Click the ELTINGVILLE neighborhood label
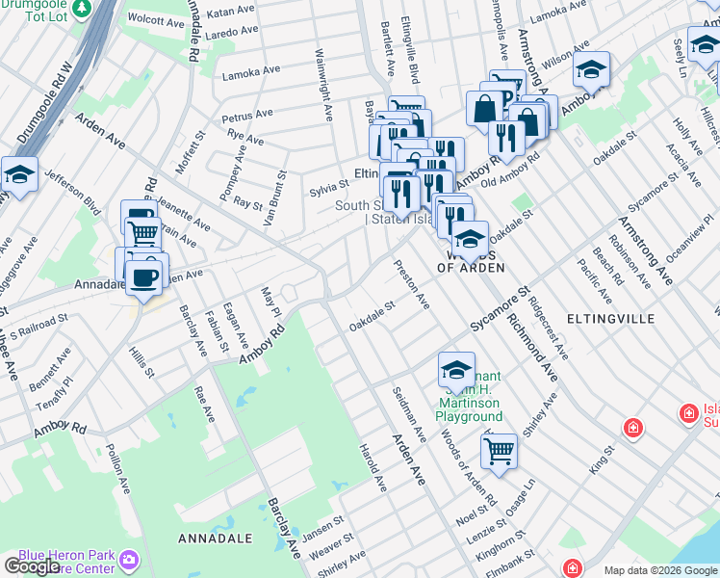(611, 318)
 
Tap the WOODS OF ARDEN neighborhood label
(473, 261)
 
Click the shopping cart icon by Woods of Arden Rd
(499, 450)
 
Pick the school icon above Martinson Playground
(456, 369)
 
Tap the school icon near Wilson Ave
(592, 70)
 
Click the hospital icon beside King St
(633, 427)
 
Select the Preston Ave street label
(410, 283)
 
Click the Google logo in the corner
(32, 566)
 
